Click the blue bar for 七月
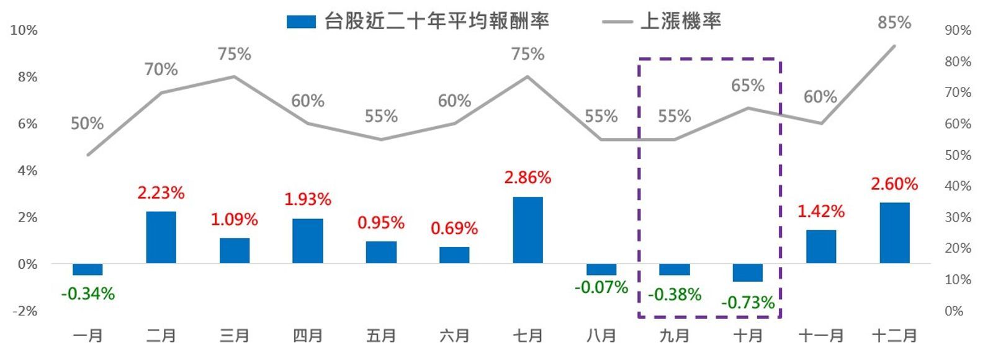(x=528, y=230)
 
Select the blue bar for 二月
(x=161, y=237)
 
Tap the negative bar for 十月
(x=747, y=272)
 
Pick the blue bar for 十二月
(x=894, y=233)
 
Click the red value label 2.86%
(x=528, y=178)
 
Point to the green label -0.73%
(x=747, y=303)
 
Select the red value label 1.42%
(x=820, y=212)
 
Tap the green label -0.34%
(x=88, y=294)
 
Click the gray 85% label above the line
(x=894, y=23)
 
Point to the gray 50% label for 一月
(x=87, y=124)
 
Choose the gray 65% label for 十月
(x=747, y=86)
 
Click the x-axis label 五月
(x=380, y=336)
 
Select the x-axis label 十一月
(x=820, y=336)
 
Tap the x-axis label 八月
(x=601, y=336)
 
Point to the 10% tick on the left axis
(x=24, y=30)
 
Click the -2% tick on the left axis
(x=24, y=311)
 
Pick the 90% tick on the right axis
(x=958, y=30)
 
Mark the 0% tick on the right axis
(x=954, y=311)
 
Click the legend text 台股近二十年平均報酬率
(x=437, y=22)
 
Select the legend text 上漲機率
(x=680, y=22)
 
